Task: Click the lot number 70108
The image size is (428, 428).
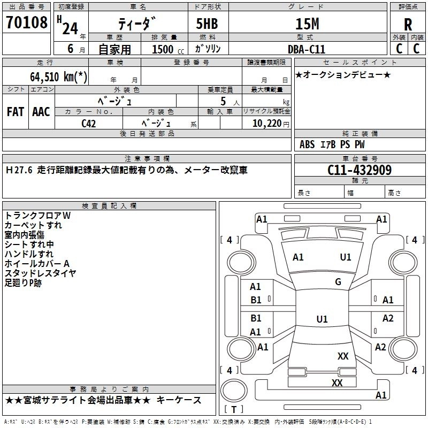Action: click(27, 23)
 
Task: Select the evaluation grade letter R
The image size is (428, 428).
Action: click(408, 24)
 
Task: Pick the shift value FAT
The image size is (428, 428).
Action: click(15, 112)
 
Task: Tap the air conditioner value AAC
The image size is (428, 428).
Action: click(41, 112)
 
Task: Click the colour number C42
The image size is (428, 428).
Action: click(89, 123)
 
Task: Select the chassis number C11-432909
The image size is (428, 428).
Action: click(360, 170)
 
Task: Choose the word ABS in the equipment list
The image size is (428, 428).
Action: click(307, 144)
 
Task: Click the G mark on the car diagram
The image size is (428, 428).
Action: click(338, 282)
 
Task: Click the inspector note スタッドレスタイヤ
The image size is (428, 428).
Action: click(41, 273)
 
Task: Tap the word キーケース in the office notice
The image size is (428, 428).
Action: click(181, 400)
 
